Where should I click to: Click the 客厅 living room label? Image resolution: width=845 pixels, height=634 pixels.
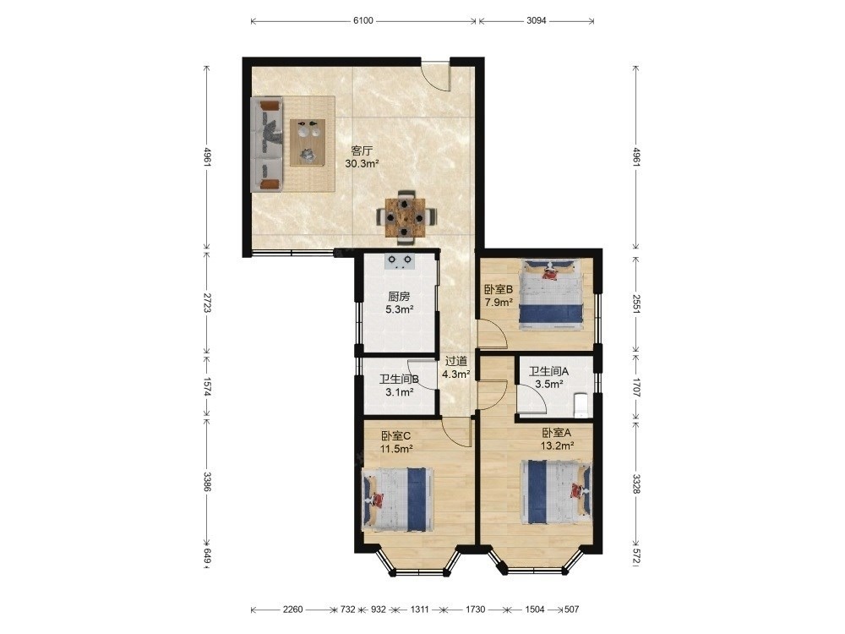361,150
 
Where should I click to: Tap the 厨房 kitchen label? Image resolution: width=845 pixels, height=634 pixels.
399,297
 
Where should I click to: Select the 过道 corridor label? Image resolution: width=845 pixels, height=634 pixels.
456,361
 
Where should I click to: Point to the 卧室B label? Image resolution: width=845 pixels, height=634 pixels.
498,289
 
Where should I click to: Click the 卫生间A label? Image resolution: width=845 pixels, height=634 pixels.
548,371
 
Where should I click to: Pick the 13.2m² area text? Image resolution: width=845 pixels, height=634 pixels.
557,445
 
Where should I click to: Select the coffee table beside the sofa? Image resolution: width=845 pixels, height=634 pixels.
308,142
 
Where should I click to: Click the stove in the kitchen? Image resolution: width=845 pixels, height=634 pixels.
400,261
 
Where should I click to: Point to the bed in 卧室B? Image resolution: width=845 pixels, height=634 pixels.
550,294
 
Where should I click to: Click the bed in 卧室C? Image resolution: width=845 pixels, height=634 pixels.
398,500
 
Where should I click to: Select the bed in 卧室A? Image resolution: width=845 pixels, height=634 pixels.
556,492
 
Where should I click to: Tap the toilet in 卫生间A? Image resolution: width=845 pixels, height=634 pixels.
581,405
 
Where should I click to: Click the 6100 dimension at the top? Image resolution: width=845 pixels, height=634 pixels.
363,20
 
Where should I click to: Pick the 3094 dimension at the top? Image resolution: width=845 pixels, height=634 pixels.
537,20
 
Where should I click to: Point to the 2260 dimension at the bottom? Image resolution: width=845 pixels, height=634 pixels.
292,609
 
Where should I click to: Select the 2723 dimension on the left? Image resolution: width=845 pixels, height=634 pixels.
206,303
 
